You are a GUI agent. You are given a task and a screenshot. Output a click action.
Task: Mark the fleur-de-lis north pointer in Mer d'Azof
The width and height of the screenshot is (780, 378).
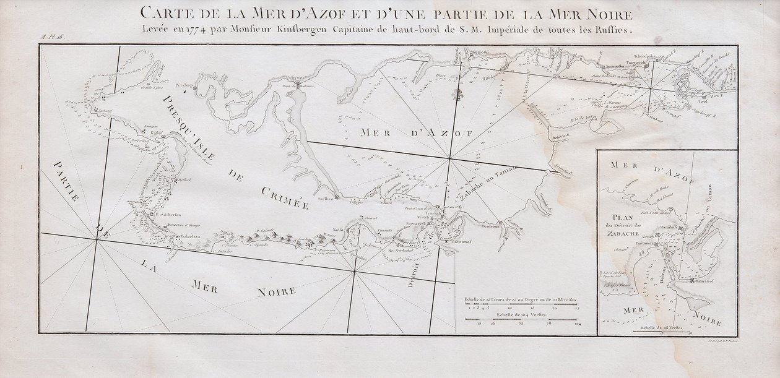click(x=459, y=97)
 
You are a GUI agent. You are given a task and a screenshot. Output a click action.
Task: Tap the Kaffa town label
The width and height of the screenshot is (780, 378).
click(x=338, y=228)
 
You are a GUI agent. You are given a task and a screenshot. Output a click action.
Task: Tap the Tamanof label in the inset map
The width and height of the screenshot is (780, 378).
click(x=704, y=281)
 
